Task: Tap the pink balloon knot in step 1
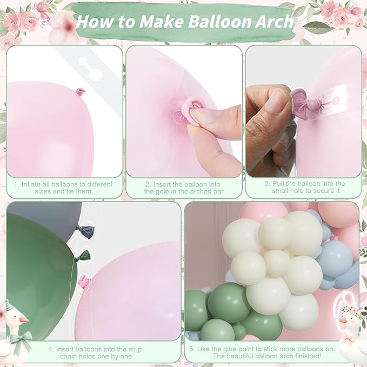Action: [x=81, y=92]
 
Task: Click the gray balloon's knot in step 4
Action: [x=86, y=231]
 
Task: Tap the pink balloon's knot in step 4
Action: [x=84, y=281]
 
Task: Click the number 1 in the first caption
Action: [x=16, y=184]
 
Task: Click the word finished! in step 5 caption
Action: [x=322, y=357]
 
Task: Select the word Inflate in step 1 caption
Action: [x=32, y=184]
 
